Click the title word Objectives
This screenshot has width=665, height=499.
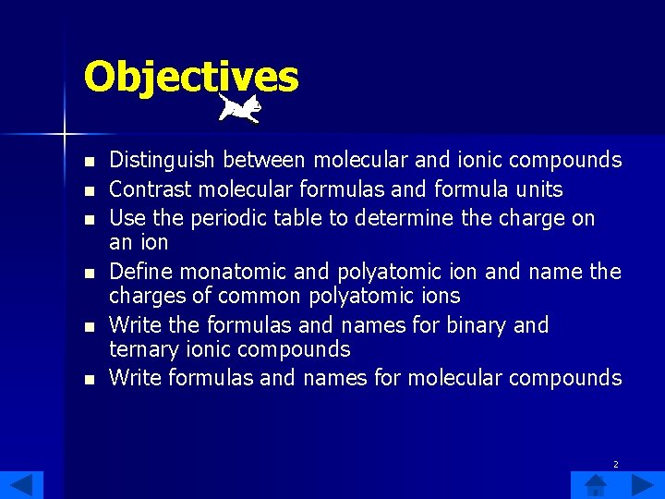click(x=191, y=77)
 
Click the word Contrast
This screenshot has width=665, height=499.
click(x=148, y=189)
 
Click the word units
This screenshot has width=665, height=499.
click(x=538, y=189)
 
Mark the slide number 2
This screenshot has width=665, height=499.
click(x=617, y=464)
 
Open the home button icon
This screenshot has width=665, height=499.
click(x=595, y=485)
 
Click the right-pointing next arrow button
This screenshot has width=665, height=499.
click(x=643, y=485)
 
